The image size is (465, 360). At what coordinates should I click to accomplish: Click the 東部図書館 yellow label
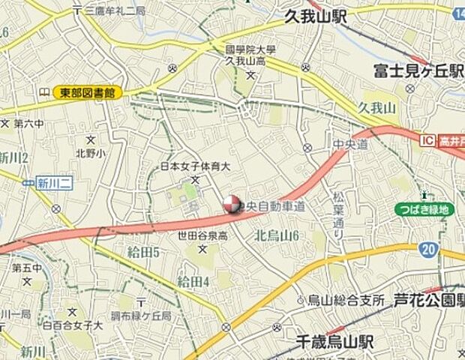(x=87, y=93)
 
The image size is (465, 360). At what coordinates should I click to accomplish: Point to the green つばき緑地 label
(x=424, y=209)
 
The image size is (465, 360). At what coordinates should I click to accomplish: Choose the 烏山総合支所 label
(x=345, y=300)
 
